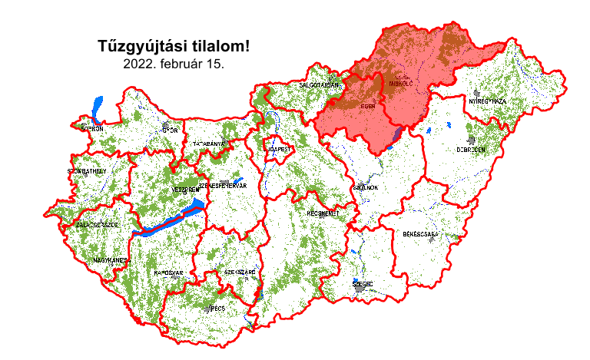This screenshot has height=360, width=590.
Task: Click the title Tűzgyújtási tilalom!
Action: point(174,47)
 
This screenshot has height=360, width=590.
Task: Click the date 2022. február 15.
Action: point(174,64)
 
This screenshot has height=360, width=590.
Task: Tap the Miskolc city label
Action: point(401,82)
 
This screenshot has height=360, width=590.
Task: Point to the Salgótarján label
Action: point(319,85)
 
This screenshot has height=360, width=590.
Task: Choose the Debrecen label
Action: point(471,150)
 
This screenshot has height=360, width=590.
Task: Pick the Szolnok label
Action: point(364,187)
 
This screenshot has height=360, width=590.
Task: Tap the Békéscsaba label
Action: point(420,233)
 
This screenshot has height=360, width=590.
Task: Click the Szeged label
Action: point(363,284)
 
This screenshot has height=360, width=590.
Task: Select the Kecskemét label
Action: point(323,213)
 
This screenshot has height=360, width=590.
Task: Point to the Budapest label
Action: point(277,148)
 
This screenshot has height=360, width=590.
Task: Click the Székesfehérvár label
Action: point(222,185)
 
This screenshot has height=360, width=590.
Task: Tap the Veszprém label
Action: point(185,189)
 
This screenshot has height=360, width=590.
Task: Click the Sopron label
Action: point(91,130)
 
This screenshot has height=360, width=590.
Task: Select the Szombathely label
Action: point(87,172)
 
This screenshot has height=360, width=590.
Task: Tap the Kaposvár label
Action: point(168,273)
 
